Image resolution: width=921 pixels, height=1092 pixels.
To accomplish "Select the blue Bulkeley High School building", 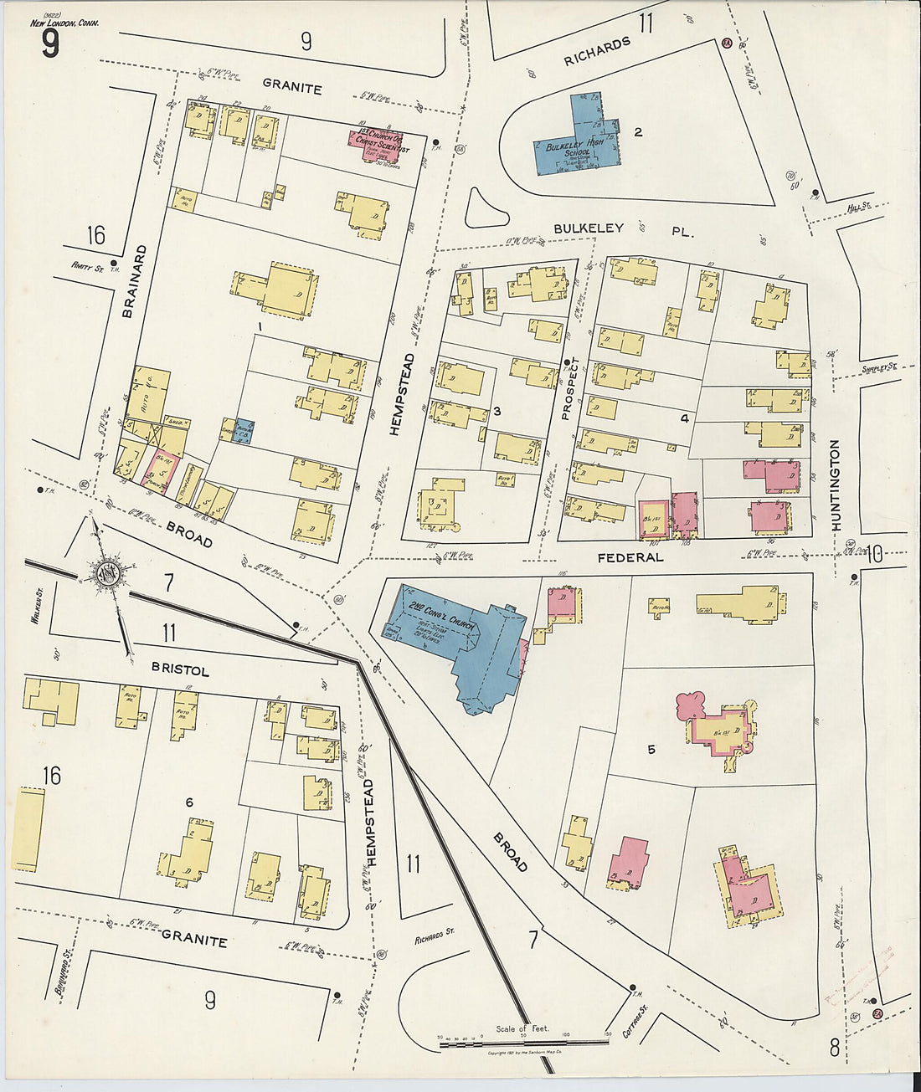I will coord(578,142).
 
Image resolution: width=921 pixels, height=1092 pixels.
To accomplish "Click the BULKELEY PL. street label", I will coord(623,229).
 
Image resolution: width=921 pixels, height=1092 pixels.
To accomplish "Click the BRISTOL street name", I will coord(180,671).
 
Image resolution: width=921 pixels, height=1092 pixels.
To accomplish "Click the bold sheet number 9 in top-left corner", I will coord(50,44).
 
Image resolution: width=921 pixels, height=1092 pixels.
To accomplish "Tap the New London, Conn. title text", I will coord(65,23).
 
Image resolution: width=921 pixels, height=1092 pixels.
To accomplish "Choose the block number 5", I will coord(651,749).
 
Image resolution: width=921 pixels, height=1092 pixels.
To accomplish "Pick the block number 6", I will coord(189,802).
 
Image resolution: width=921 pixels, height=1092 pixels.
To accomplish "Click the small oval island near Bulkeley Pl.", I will coord(486,208).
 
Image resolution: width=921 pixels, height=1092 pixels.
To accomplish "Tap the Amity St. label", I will coord(86,269).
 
